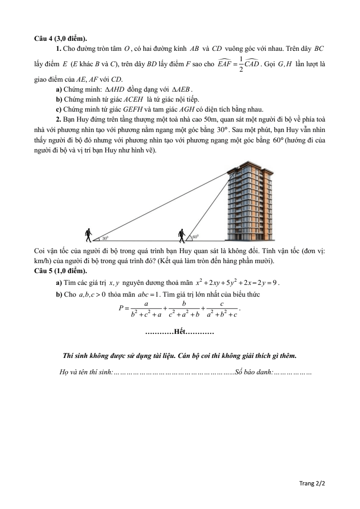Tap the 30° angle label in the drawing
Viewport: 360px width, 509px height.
[x=105, y=238]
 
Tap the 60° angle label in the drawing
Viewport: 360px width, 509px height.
[x=195, y=237]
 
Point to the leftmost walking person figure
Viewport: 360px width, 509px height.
[x=89, y=235]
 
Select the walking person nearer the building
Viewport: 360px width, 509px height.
[x=182, y=235]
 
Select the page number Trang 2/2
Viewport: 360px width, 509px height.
[x=312, y=484]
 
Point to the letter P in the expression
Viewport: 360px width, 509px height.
[x=121, y=308]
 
